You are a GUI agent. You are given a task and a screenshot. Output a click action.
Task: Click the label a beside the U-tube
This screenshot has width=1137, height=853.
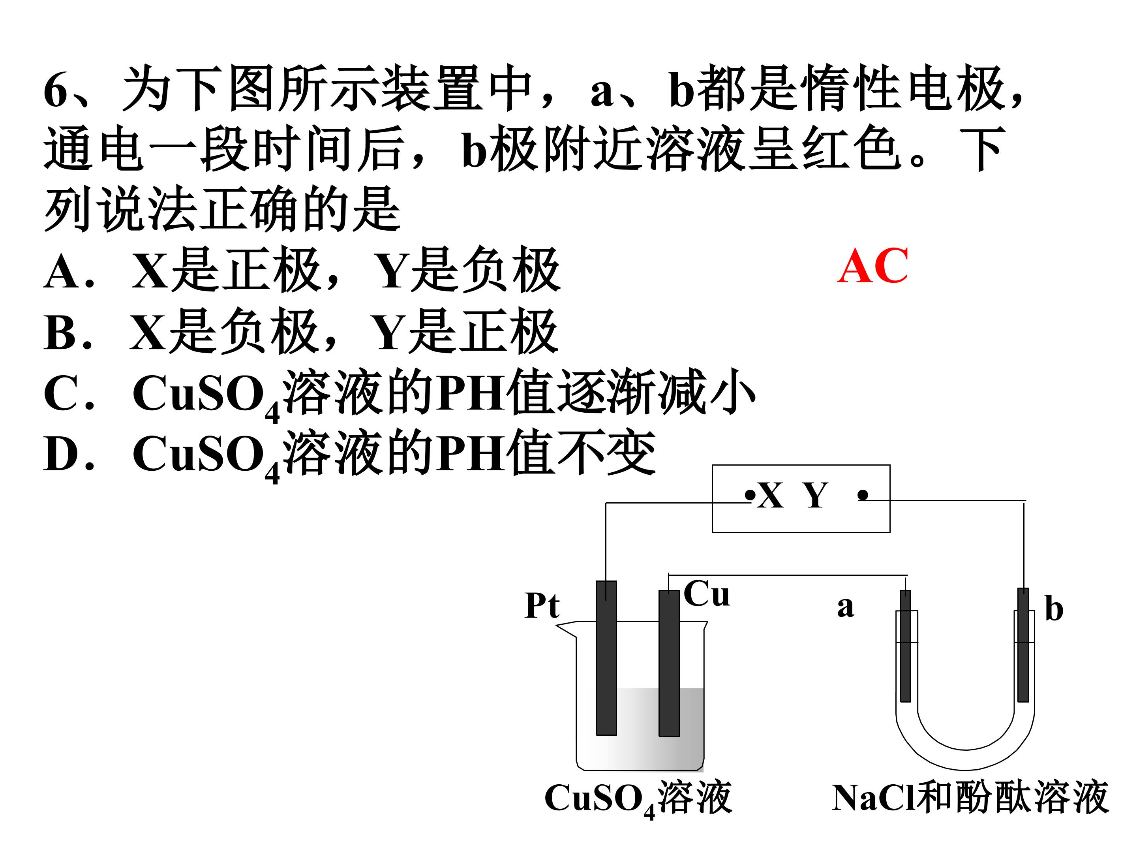point(846,607)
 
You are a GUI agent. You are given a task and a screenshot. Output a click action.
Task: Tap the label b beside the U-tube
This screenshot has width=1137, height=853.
point(1054,609)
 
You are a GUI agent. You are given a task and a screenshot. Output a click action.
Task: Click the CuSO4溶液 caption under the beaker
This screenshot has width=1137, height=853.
point(638,799)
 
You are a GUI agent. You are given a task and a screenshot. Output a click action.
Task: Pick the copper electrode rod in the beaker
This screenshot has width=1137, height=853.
point(669,663)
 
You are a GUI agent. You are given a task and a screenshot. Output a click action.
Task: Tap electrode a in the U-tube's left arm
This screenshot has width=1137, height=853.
point(905,646)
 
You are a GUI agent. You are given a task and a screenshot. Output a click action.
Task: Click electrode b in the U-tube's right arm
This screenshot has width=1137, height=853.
point(1023,645)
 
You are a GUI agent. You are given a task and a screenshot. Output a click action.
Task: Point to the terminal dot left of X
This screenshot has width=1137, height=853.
point(750,495)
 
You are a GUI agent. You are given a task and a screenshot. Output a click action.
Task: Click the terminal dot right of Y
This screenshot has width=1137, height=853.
point(863,495)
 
